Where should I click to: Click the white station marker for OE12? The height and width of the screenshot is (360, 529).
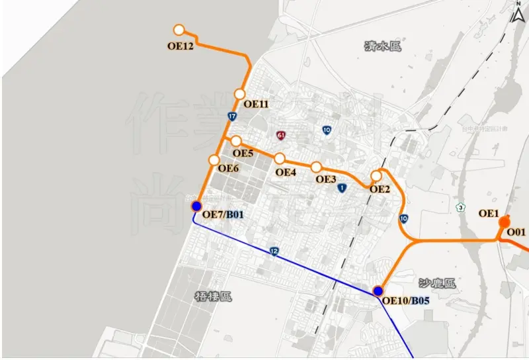point(179,30)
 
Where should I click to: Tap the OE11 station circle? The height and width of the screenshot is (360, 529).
point(239,94)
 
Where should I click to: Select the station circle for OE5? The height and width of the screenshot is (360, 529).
point(236,140)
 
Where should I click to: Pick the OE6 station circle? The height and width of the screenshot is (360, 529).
point(214,160)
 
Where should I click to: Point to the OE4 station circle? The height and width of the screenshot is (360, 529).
point(280,159)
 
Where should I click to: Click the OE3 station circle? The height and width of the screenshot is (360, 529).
point(316,167)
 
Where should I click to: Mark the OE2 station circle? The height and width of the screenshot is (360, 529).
point(376,176)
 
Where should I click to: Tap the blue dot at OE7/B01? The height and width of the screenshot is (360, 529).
point(196,206)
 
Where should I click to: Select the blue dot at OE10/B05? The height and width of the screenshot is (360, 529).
point(378,291)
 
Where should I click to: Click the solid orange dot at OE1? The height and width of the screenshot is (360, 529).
point(505,222)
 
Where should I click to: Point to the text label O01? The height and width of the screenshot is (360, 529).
point(516,232)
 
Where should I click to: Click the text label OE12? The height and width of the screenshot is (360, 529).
point(181,46)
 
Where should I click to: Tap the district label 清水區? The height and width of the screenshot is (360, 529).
point(383,46)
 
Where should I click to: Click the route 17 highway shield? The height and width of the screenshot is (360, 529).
point(231,116)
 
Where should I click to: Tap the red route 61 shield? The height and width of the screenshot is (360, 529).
point(282,135)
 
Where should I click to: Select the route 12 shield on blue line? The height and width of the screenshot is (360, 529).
point(274,251)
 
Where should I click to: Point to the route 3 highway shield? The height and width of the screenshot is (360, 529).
point(460,208)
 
